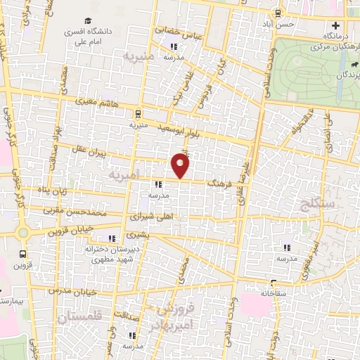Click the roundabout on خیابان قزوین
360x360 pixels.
coord(22,231)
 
